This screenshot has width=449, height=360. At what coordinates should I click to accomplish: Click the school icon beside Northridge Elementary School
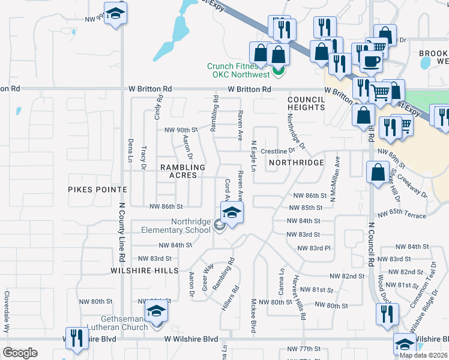[232, 212]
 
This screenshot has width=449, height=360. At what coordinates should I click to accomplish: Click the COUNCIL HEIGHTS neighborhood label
[306, 103]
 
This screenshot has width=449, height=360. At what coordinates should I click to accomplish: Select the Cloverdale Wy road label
[8, 313]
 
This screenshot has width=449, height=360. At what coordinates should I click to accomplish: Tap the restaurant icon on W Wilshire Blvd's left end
[76, 337]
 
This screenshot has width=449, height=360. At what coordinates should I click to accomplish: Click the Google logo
[20, 353]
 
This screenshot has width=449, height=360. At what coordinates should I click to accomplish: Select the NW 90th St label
[181, 130]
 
